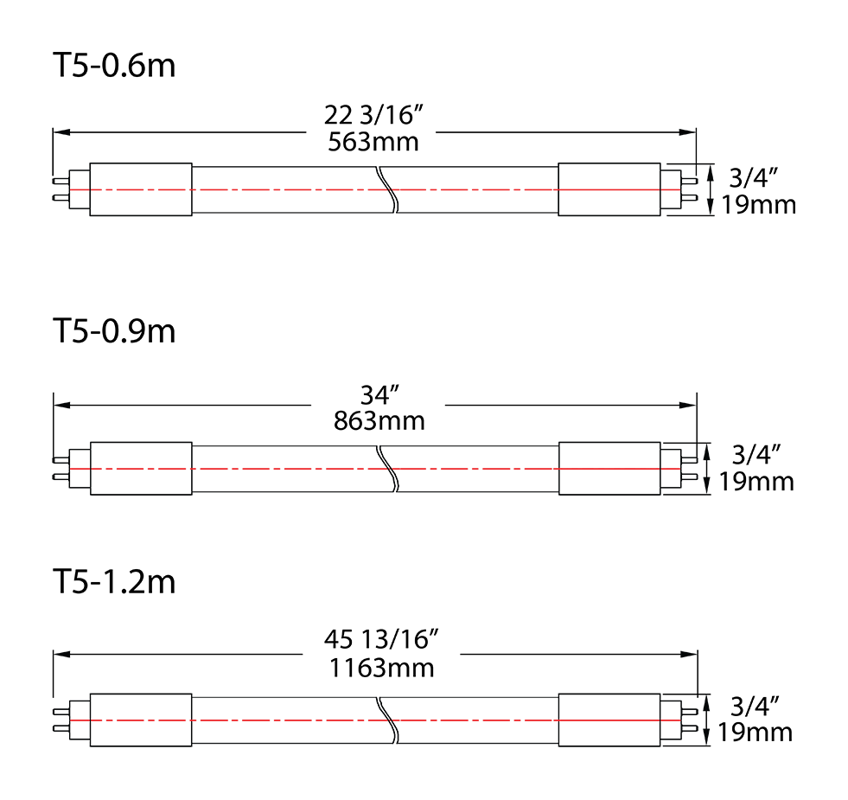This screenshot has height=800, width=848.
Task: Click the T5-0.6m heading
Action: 114,67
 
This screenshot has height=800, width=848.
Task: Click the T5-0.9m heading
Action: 114,331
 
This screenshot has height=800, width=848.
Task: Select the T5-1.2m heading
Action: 114,582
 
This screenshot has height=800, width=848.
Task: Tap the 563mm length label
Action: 373,142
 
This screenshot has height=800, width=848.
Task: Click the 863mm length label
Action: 379,421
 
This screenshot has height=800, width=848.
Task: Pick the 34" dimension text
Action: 379,395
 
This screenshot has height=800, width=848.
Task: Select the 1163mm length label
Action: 381,668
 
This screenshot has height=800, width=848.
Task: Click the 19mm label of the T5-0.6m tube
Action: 756,205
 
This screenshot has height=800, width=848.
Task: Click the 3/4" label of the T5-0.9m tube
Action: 756,453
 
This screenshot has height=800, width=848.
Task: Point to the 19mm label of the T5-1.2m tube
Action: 755,733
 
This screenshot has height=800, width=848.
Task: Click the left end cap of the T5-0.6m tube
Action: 140,189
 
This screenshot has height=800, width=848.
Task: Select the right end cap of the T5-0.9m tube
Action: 609,469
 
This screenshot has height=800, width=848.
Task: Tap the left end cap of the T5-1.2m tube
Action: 140,720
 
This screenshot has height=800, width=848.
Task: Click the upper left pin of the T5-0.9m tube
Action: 60,459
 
